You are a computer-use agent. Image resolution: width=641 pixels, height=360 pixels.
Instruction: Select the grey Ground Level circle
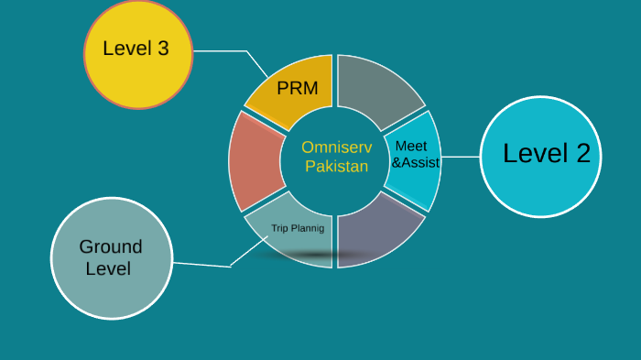click(112, 259)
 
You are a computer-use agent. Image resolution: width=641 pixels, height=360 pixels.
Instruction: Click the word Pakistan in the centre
click(336, 167)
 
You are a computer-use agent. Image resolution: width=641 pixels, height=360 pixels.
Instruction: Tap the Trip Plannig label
click(298, 227)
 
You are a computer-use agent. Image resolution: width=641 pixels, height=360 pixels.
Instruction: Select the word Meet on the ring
click(411, 146)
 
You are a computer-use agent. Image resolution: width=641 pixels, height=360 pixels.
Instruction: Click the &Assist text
click(416, 163)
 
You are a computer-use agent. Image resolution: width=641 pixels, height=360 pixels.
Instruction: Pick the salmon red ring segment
click(251, 161)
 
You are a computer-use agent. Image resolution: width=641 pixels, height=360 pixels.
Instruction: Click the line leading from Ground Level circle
click(201, 265)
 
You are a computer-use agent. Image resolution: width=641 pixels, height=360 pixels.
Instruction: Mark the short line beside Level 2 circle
click(460, 157)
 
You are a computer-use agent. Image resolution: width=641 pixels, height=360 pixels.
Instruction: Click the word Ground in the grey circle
click(111, 246)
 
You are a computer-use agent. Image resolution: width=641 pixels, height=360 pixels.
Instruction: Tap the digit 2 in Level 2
click(582, 154)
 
